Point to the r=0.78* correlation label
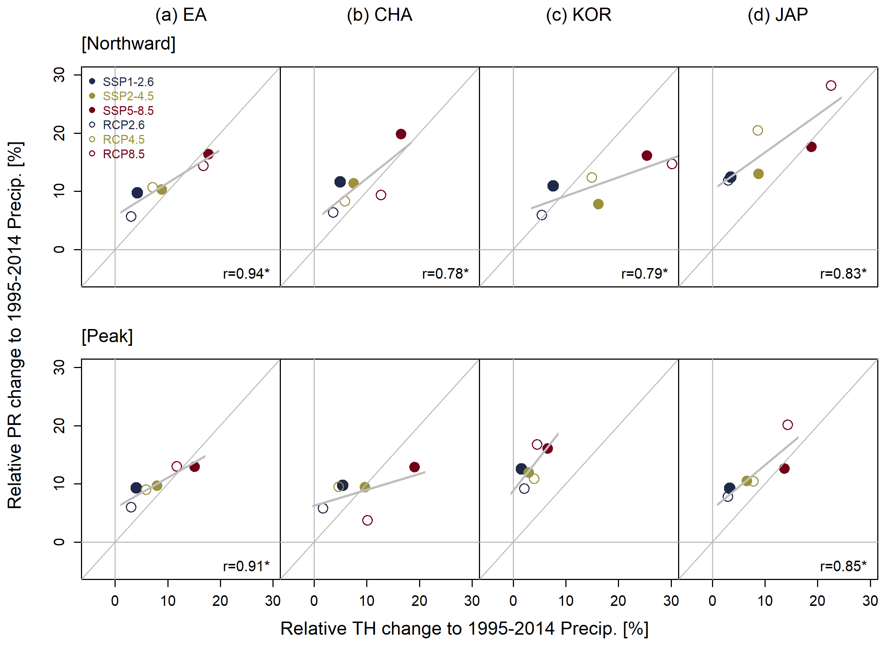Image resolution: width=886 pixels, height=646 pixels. pos(445,273)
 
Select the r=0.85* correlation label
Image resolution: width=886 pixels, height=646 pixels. pos(843,566)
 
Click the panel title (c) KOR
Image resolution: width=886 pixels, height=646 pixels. pos(579,15)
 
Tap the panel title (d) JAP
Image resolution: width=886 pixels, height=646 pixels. pos(778,15)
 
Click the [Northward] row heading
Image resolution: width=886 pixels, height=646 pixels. pos(128,43)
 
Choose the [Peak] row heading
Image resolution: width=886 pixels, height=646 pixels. pos(107,336)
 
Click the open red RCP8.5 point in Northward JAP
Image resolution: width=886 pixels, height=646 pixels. pos(831,86)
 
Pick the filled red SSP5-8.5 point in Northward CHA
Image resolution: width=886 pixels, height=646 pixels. pos(401,134)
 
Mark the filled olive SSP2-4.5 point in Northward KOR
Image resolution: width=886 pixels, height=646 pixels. pos(598,204)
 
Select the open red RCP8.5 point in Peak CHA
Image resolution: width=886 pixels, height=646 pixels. pos(367,521)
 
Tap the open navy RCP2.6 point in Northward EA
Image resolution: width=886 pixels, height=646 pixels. pos(131,217)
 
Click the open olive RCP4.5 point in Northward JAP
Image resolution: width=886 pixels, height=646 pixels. pos(758,131)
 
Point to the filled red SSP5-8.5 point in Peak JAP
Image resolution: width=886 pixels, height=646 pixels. pos(784,468)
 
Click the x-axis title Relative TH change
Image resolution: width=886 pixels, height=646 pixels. pos(464,628)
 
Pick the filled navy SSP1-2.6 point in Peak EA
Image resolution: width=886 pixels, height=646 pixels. pos(136,488)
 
